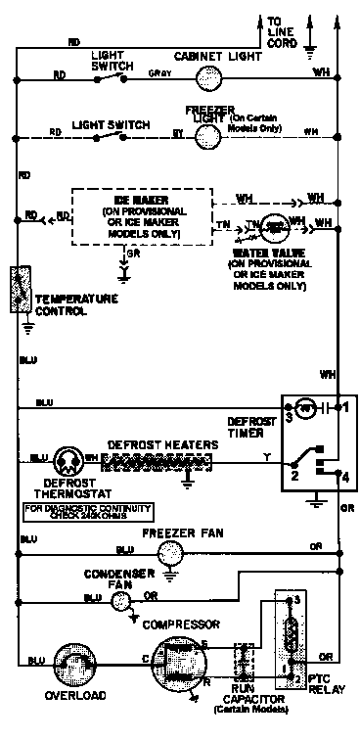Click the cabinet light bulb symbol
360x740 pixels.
tap(205, 74)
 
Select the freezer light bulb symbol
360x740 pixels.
tap(204, 136)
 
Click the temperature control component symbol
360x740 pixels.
tap(17, 289)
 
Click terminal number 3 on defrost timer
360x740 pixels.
tap(290, 418)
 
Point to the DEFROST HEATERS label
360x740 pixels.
tap(161, 443)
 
